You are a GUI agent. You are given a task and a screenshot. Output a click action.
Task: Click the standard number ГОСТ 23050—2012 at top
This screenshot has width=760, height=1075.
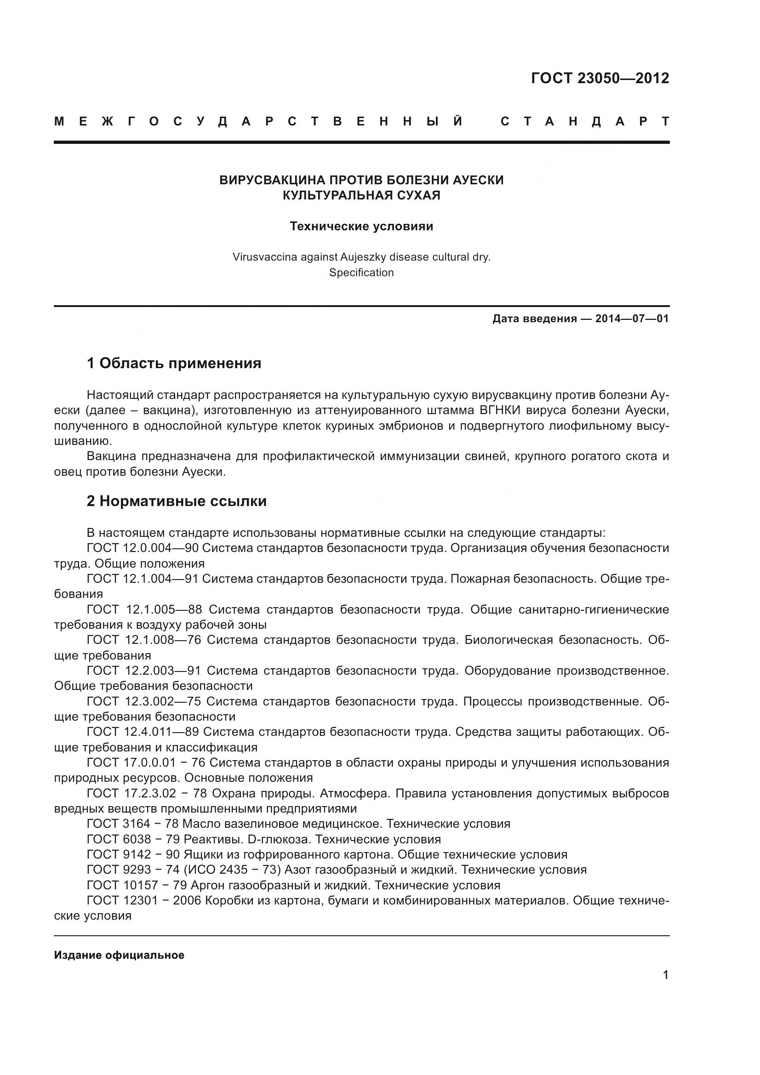[600, 78]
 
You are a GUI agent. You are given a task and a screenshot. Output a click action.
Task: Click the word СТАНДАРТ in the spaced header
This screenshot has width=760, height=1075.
[585, 122]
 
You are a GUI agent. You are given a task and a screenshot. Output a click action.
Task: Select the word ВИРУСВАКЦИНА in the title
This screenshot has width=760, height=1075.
[271, 180]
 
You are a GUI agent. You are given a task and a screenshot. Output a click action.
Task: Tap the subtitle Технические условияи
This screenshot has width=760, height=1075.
[361, 226]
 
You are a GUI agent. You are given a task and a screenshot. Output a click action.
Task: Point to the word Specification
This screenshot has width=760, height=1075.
[361, 273]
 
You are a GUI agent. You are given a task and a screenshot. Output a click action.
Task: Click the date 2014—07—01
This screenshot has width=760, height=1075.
[632, 319]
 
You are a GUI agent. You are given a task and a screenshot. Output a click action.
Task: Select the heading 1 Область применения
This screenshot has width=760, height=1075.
[174, 363]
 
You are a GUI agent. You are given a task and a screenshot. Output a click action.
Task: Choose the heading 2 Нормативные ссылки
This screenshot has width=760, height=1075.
[177, 501]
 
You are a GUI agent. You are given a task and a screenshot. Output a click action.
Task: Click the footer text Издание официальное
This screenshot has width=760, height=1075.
[119, 955]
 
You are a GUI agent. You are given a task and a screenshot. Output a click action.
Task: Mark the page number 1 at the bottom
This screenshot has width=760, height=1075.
[665, 975]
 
